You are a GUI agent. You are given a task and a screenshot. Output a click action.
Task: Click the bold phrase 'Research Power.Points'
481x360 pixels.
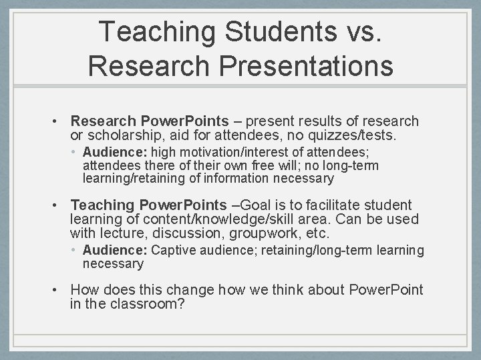148,121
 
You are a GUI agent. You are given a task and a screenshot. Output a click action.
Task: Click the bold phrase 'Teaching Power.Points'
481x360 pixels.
148,205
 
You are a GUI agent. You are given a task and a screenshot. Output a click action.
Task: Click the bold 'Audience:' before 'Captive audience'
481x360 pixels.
110,251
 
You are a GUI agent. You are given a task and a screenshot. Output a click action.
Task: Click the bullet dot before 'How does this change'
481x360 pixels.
59,290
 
